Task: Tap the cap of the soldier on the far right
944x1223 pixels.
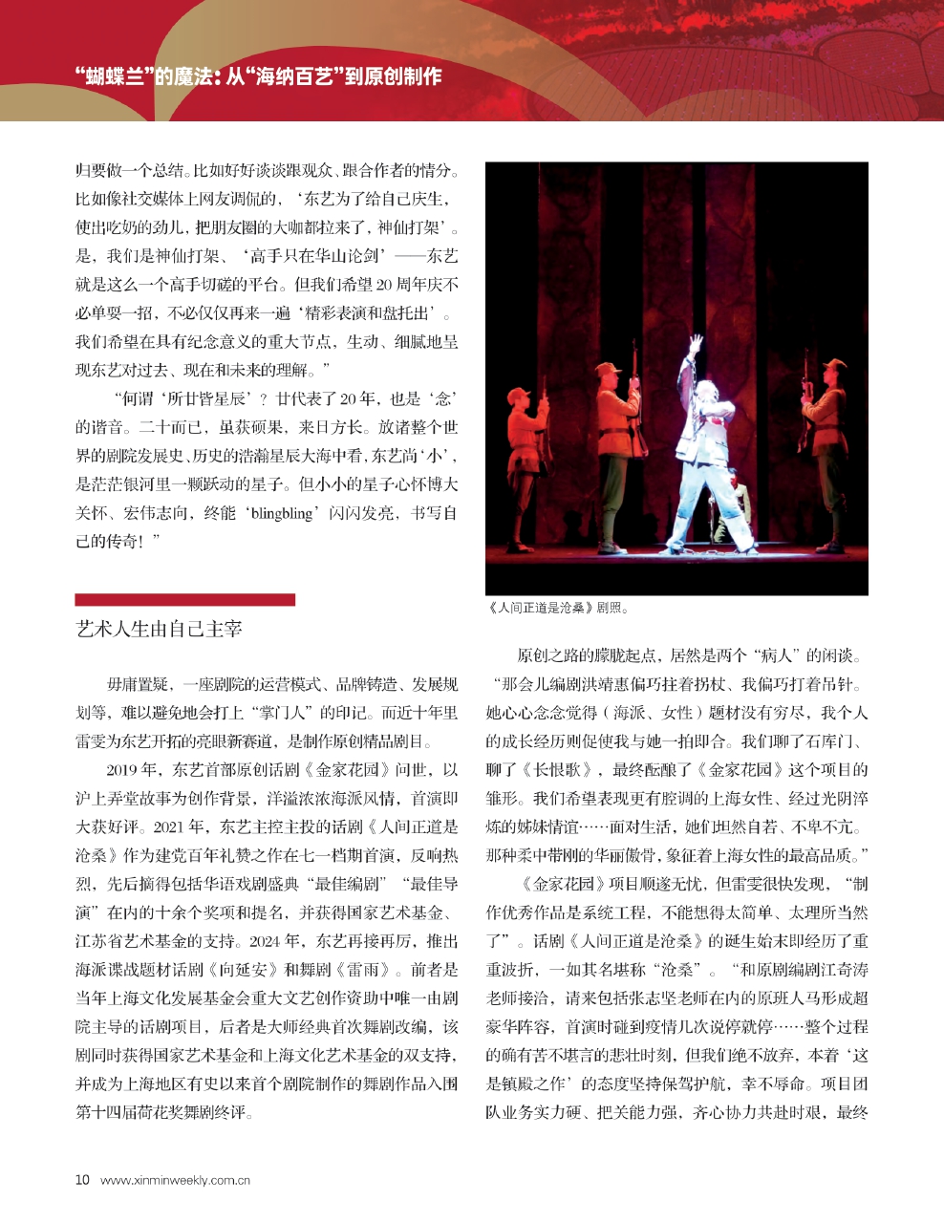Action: [x=834, y=366]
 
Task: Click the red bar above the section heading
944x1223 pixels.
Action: [x=184, y=600]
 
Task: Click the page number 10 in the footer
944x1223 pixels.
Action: [x=82, y=1179]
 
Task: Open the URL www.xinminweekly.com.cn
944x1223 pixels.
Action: [x=175, y=1180]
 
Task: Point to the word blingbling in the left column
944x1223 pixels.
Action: [x=282, y=514]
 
